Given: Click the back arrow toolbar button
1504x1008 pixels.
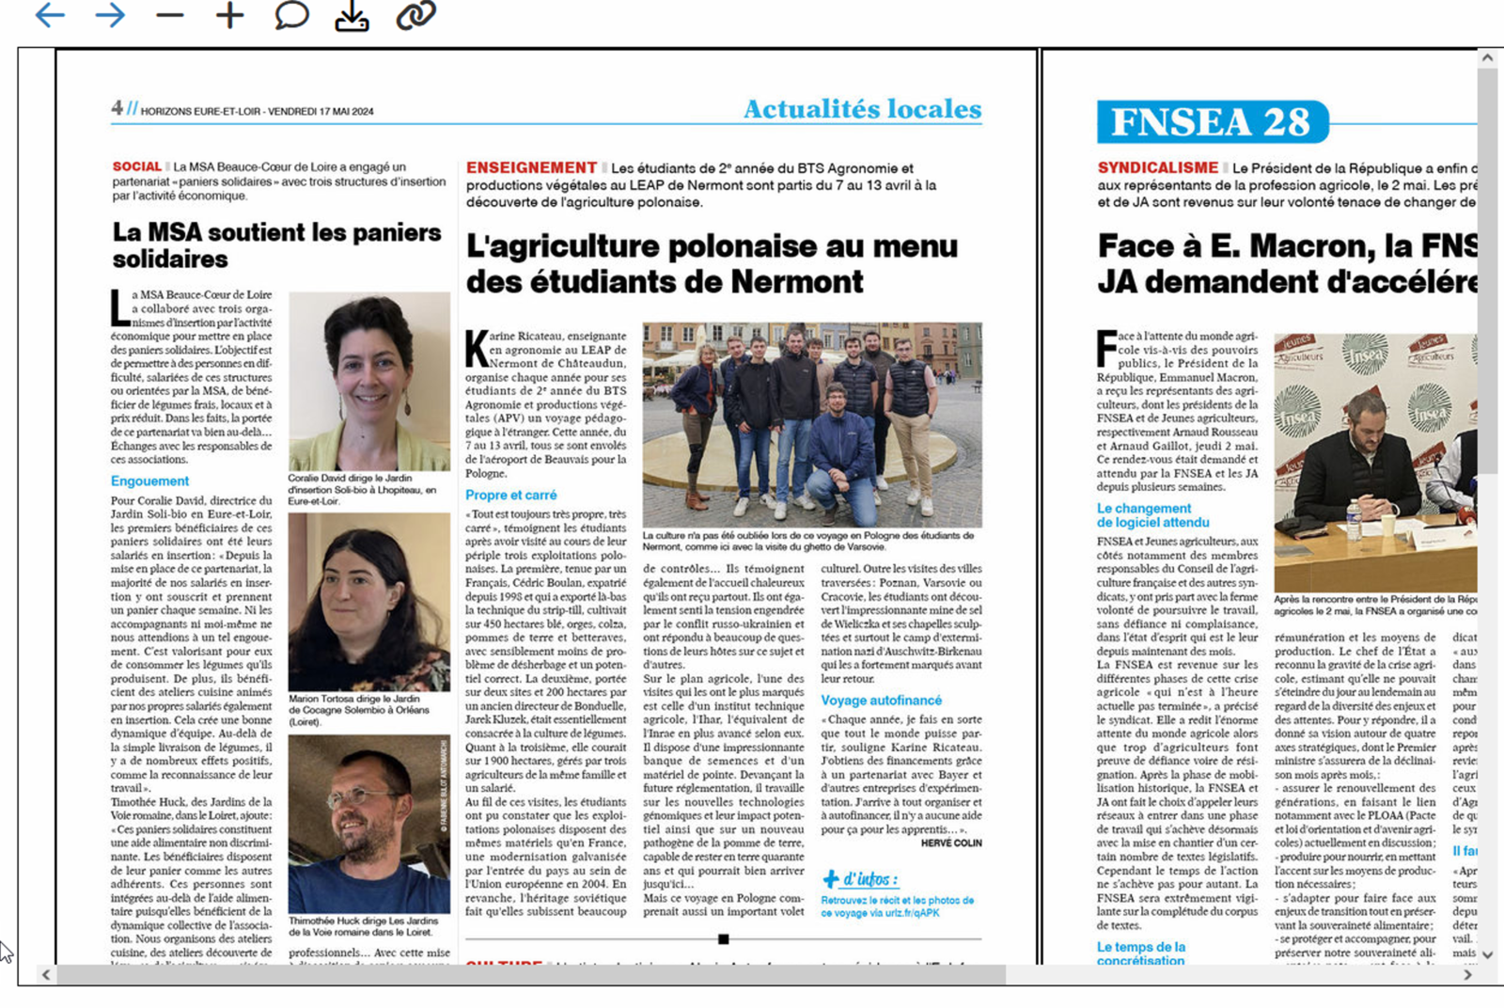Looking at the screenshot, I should click(50, 15).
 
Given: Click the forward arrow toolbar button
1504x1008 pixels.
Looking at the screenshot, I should click(110, 15).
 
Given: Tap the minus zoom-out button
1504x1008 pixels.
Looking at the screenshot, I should click(170, 15).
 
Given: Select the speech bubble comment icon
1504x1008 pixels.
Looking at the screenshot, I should click(291, 15).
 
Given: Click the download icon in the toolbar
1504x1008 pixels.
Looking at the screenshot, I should click(352, 16).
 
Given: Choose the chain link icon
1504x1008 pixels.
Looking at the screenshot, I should click(415, 15).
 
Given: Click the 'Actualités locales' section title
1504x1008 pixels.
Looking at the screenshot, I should click(862, 109).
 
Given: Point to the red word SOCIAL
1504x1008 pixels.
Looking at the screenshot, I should click(137, 166).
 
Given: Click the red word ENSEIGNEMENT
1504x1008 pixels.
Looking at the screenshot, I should click(531, 167).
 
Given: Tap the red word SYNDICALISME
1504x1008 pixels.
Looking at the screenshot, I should click(1158, 167).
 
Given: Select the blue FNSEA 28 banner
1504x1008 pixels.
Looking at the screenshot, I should click(1212, 122).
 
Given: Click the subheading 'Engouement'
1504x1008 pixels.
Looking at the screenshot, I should click(149, 480).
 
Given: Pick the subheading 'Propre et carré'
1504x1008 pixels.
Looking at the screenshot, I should click(511, 495).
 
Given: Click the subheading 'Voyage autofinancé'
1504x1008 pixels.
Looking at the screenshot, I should click(881, 701).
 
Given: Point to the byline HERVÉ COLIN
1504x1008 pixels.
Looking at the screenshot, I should click(951, 843).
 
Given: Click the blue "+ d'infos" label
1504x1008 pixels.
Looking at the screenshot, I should click(860, 879).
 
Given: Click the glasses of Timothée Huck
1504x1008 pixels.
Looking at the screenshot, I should click(359, 796).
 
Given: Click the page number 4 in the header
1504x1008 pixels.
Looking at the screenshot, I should click(117, 108).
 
